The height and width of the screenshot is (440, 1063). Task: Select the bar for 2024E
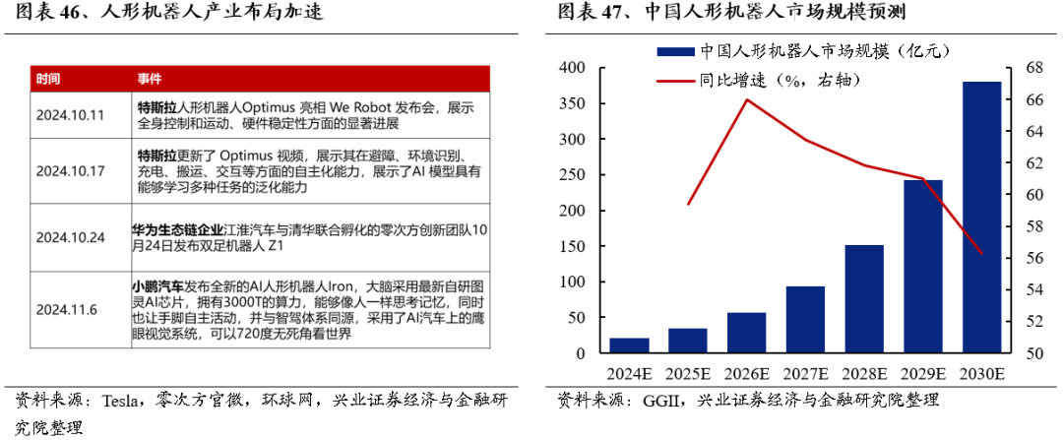(x=629, y=346)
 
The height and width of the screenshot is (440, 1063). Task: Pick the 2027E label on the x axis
(x=805, y=374)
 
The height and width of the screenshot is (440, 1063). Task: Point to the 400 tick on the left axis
(x=572, y=68)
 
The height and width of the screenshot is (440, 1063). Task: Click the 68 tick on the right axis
(x=1030, y=68)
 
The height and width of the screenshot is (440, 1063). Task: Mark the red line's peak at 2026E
(x=747, y=99)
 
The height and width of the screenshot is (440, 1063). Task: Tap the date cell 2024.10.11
(x=70, y=115)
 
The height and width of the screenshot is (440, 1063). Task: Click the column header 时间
(x=48, y=79)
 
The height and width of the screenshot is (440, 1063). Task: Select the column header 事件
(x=149, y=79)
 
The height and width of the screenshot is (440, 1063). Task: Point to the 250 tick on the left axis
(x=572, y=175)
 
